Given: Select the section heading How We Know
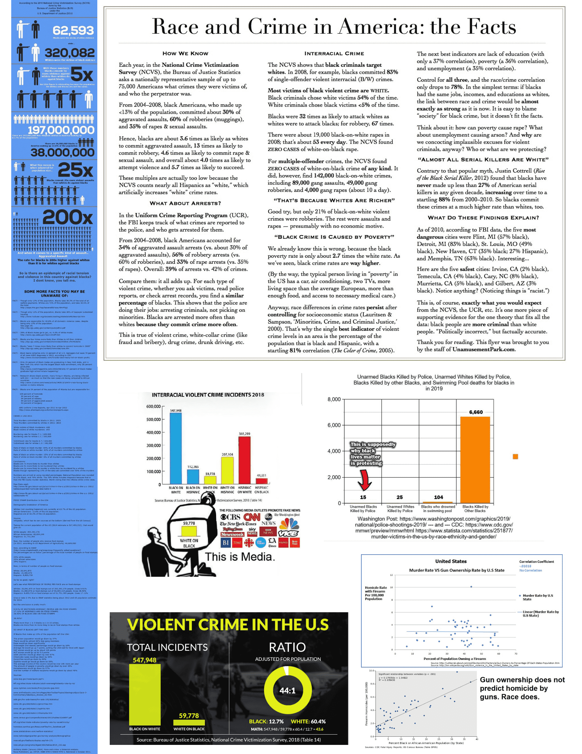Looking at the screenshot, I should coord(185,53).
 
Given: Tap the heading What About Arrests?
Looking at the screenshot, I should coord(185,203).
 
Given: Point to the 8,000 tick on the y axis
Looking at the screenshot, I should coord(334,399).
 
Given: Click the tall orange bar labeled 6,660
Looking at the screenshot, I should coord(475,459).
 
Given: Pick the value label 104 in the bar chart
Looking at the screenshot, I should coord(438,497).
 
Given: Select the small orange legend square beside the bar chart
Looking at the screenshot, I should coord(515,457).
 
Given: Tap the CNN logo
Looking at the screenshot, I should coord(252,517).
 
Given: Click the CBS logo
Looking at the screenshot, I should coord(230,517).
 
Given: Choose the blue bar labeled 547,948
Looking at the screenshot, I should coord(176,448).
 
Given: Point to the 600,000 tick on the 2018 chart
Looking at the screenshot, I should coord(153,406).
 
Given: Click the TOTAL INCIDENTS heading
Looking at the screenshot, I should coord(167,647).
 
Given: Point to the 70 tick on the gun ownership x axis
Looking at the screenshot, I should coord(516,654).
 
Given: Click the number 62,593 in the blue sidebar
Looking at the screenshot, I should coord(73,30).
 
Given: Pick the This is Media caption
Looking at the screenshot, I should coord(240,557).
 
